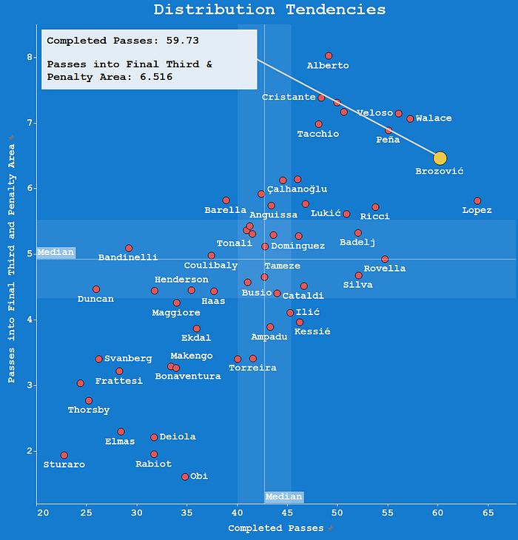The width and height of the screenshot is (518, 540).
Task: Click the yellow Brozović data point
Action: (x=440, y=158)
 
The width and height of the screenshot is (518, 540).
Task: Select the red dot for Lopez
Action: (x=477, y=201)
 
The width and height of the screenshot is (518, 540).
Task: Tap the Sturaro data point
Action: (x=64, y=456)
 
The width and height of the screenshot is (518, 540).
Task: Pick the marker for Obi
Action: (x=185, y=477)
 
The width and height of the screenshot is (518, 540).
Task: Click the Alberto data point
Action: (x=329, y=56)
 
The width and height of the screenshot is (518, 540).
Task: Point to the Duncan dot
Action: (x=96, y=289)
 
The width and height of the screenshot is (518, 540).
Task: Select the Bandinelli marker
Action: (x=129, y=249)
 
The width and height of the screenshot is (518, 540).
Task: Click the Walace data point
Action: (x=410, y=118)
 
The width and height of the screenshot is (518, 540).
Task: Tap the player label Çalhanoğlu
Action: (x=297, y=190)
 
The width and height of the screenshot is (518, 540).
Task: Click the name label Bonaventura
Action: (x=187, y=377)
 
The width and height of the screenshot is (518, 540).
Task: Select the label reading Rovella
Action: (x=385, y=269)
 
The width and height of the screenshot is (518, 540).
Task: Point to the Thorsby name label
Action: (x=89, y=410)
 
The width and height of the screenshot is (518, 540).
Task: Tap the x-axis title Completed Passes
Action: (x=276, y=528)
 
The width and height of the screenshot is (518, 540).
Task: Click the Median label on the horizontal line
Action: (x=56, y=252)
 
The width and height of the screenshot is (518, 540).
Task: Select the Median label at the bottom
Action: (x=284, y=497)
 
